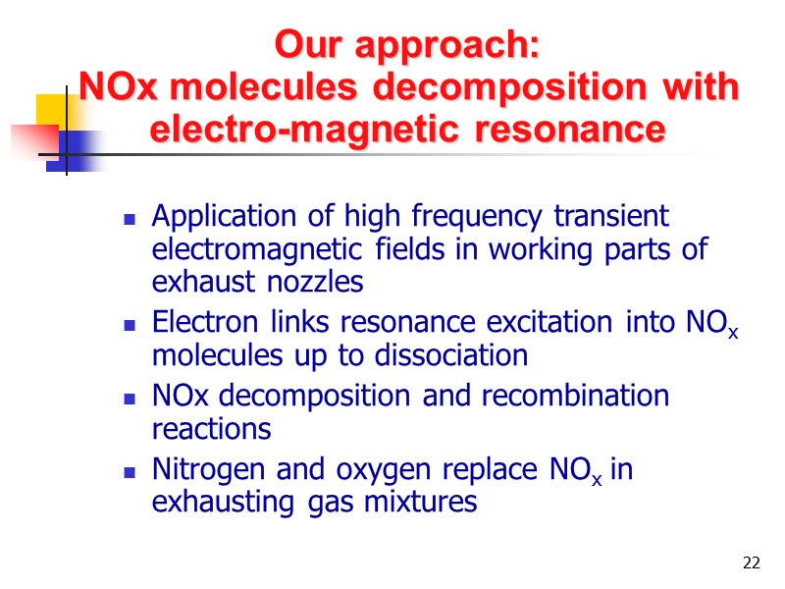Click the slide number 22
(752, 562)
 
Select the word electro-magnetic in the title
(315, 129)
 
